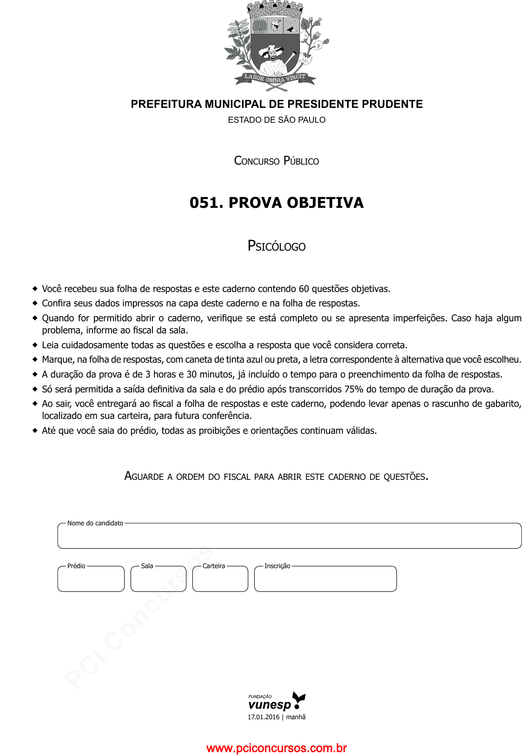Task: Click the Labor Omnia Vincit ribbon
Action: pyautogui.click(x=276, y=78)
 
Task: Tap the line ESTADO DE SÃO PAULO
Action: pyautogui.click(x=277, y=120)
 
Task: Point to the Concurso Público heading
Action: pyautogui.click(x=277, y=161)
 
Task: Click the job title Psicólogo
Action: pyautogui.click(x=277, y=246)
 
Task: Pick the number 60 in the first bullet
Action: pyautogui.click(x=304, y=289)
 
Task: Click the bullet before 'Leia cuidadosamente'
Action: pyautogui.click(x=35, y=345)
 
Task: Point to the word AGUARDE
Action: pyautogui.click(x=144, y=476)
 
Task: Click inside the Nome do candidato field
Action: pyautogui.click(x=289, y=537)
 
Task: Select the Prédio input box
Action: pyautogui.click(x=91, y=580)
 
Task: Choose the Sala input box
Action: pyautogui.click(x=159, y=580)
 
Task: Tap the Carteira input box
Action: pyautogui.click(x=220, y=580)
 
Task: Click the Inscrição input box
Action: pyautogui.click(x=325, y=580)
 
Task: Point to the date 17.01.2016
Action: pyautogui.click(x=263, y=717)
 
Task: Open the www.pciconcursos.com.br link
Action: pyautogui.click(x=277, y=748)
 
